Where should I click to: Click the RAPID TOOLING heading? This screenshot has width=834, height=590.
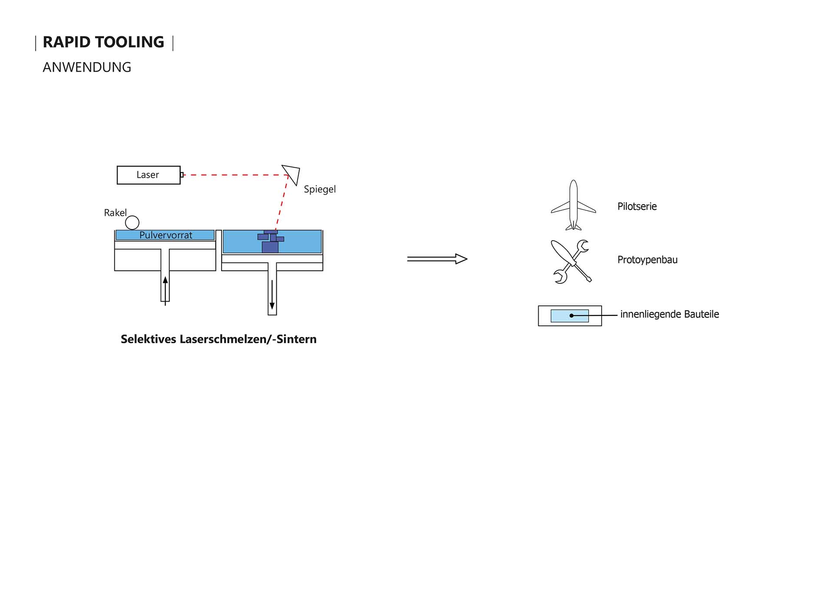point(103,42)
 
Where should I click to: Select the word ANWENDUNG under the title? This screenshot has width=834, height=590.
point(87,67)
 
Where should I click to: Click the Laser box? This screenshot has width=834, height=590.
point(148,175)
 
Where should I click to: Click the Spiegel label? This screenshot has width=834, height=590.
point(320,189)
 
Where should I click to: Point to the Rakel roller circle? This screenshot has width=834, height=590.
point(132,223)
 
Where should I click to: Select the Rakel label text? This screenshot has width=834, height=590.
point(115,213)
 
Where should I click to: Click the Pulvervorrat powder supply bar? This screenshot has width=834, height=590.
point(165,235)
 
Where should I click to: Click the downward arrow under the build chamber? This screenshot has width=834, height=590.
point(272,295)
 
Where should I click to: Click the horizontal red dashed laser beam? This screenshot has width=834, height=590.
point(235,175)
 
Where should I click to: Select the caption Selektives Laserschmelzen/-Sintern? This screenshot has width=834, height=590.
point(218,339)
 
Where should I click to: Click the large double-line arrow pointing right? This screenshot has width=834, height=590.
point(437,259)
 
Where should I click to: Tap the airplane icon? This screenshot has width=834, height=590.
point(573,206)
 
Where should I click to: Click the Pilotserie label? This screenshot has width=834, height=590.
point(637,206)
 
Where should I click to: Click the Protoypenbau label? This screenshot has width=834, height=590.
point(647,260)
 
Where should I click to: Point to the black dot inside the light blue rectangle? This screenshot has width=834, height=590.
point(572,316)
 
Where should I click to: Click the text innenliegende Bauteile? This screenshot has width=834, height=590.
point(669,314)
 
